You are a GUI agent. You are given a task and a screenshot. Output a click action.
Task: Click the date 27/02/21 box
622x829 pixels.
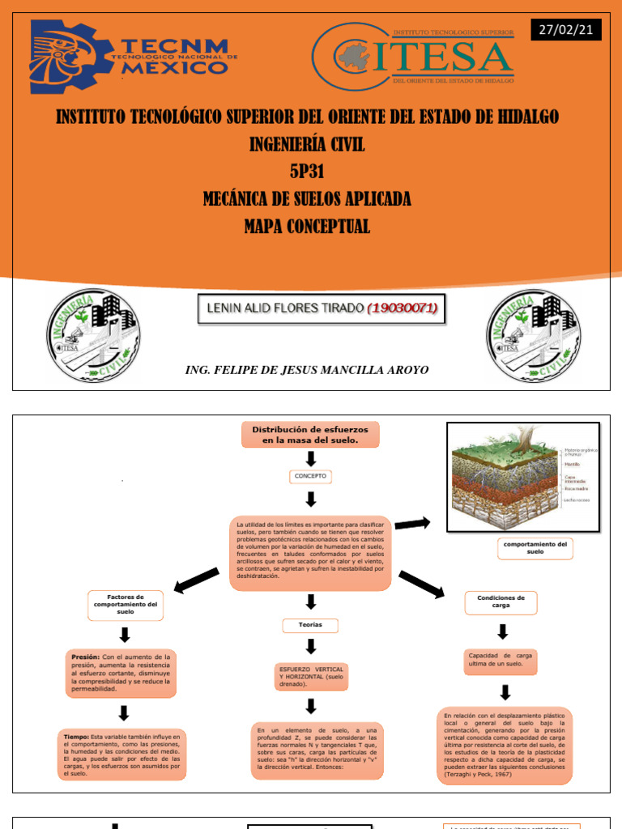click(566, 30)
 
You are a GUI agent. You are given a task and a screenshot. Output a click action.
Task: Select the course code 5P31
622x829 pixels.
click(306, 172)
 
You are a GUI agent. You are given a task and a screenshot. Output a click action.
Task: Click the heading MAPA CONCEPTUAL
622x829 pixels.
click(307, 227)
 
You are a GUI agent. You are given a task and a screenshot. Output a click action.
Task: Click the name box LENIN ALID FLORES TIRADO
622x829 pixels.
click(322, 308)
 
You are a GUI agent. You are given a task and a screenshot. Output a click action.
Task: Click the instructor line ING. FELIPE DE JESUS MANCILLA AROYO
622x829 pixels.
click(307, 370)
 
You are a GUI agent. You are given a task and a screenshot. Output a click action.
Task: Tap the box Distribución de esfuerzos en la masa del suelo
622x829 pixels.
click(310, 435)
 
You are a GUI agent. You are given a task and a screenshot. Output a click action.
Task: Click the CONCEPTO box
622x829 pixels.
click(310, 477)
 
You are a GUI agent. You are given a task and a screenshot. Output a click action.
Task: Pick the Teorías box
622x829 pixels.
click(310, 626)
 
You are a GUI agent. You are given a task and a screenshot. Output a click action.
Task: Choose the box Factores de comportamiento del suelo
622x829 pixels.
click(125, 604)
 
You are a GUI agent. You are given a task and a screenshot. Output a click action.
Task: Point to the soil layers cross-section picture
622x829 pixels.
click(523, 477)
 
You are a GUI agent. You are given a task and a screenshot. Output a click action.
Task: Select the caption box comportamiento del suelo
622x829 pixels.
click(535, 549)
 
